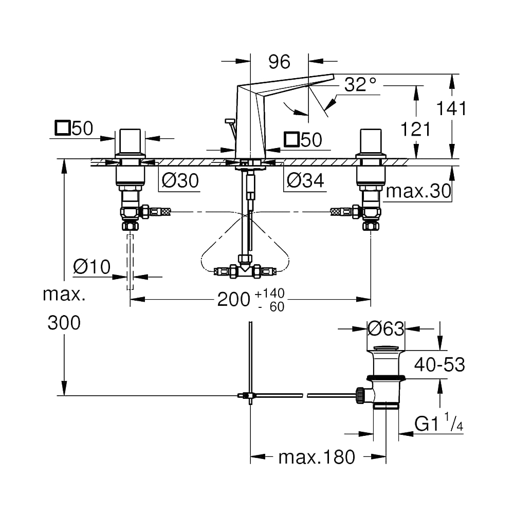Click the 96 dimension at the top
point(279,62)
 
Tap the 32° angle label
point(360,84)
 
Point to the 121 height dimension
point(416,129)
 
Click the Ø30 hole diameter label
point(180,180)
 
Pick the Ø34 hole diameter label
point(305,180)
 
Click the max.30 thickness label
point(418,191)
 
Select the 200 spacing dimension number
point(234,299)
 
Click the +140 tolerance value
point(270,293)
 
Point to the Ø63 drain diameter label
point(386,328)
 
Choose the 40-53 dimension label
point(439,364)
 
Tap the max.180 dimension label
point(317,457)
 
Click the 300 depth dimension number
point(64,323)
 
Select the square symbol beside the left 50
point(63,127)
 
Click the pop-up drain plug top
point(386,348)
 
